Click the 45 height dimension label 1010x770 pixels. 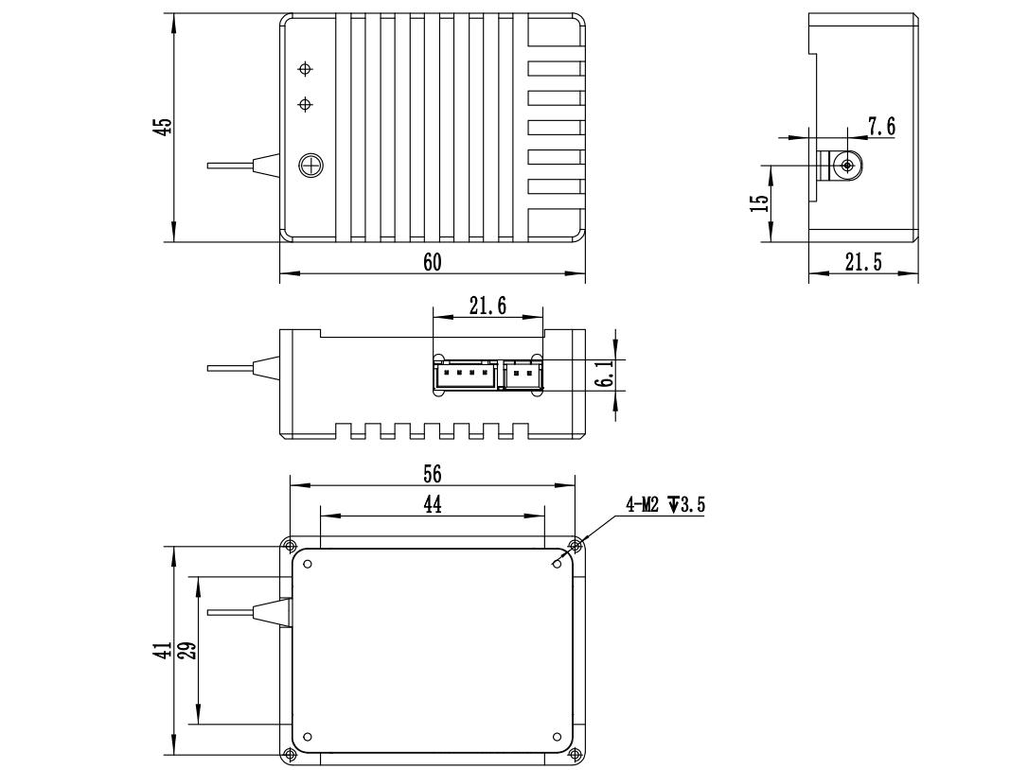[x=163, y=126]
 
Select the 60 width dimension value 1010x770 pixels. [x=432, y=262]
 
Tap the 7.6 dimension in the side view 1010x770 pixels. [x=881, y=127]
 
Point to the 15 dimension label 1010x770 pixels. [x=759, y=202]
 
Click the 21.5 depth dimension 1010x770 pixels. [x=862, y=263]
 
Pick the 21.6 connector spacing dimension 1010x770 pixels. [x=487, y=306]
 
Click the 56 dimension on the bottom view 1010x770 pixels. [x=433, y=473]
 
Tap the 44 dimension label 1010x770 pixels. [x=432, y=505]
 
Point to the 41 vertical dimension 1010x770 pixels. [x=163, y=651]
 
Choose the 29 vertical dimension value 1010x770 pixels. [x=187, y=651]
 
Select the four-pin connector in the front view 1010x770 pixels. [x=465, y=376]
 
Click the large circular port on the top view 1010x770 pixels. [x=310, y=166]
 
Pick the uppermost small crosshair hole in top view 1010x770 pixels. [x=305, y=69]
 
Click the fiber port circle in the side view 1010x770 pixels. [x=846, y=166]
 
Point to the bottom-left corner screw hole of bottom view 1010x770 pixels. [x=289, y=753]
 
